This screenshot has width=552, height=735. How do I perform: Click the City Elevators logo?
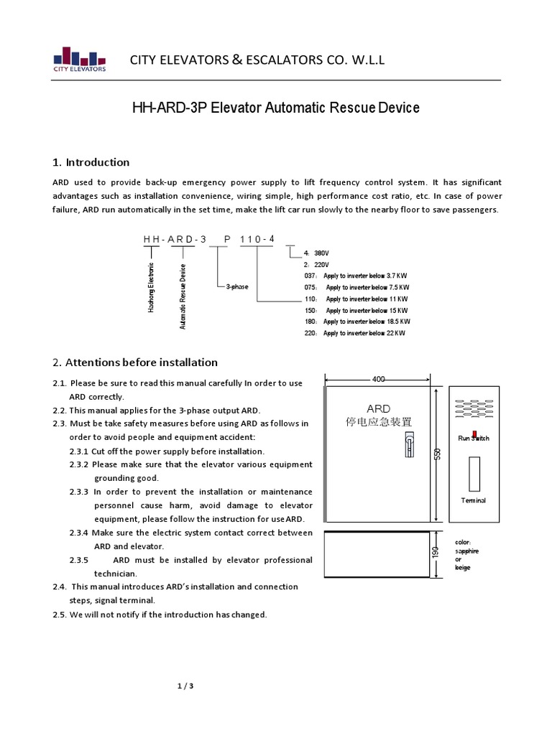80,59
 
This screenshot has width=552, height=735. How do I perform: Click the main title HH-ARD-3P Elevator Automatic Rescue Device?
275,108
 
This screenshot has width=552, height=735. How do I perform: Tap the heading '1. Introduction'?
91,162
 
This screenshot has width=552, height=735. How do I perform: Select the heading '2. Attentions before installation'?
135,362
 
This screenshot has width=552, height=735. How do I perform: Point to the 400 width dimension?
379,378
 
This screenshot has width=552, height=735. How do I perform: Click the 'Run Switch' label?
474,438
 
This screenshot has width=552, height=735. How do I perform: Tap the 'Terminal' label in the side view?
474,500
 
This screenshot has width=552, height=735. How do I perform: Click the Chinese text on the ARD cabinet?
379,422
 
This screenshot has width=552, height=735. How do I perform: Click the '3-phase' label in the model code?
237,286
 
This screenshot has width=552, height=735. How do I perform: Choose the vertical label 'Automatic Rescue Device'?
183,296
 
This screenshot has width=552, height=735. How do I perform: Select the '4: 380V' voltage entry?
316,253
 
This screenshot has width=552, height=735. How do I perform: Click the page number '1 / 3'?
185,685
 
